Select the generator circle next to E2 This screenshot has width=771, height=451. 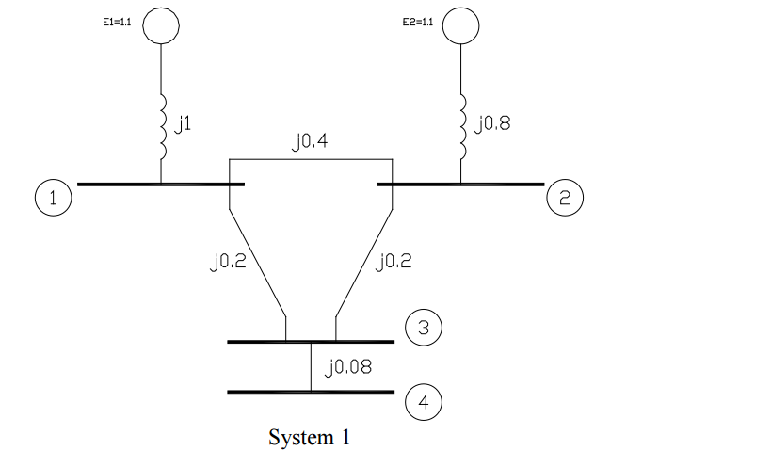[x=460, y=26]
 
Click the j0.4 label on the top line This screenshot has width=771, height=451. [x=310, y=142]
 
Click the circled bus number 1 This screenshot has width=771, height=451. [x=53, y=199]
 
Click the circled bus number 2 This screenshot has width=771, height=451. [x=564, y=199]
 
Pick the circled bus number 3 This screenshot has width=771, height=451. [x=423, y=327]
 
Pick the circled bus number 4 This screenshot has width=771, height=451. [x=423, y=402]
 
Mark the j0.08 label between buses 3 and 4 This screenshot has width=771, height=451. [x=347, y=367]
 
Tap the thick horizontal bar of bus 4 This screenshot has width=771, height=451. [x=311, y=391]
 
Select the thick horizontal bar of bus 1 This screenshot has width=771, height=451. [x=160, y=185]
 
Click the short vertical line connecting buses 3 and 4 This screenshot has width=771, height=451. [x=311, y=366]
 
